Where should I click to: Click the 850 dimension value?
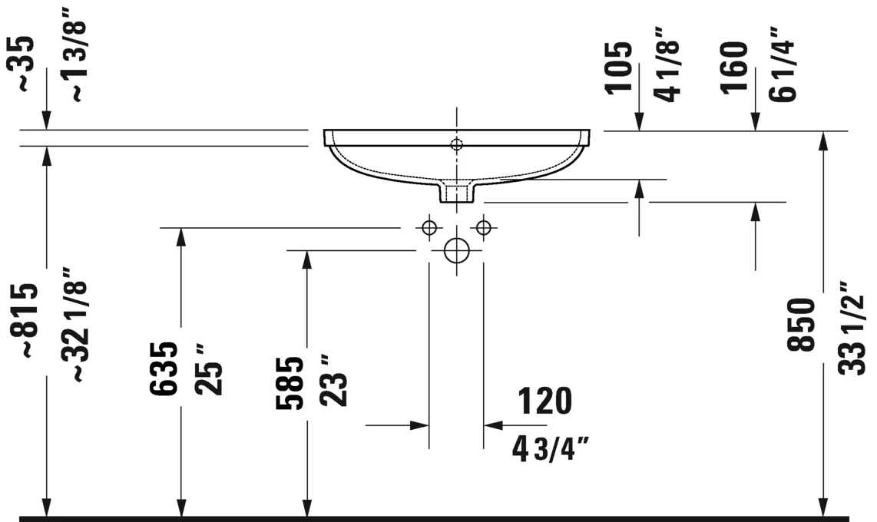point(801,325)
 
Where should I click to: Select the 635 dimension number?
point(164,368)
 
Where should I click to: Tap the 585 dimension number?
point(290,383)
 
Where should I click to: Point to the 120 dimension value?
point(544,401)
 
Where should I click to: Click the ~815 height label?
point(25,320)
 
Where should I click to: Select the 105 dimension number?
point(619,68)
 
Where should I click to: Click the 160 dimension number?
point(734,68)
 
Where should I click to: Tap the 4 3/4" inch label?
point(551,449)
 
